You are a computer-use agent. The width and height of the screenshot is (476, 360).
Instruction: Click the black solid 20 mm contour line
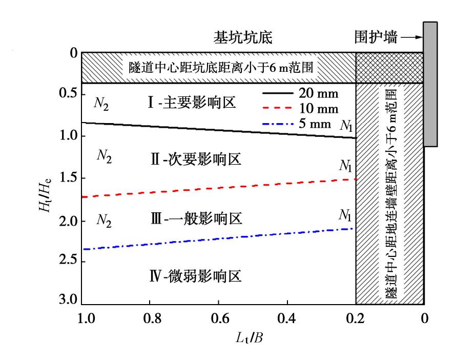[220, 130]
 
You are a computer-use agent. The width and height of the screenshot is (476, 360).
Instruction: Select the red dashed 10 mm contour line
[220, 188]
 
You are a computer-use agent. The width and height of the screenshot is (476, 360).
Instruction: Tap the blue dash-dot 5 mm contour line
[220, 239]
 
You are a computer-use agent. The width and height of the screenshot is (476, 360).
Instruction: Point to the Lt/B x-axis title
[251, 337]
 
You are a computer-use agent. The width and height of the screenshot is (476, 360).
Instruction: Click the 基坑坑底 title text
[242, 38]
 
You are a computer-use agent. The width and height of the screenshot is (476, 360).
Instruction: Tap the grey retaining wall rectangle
[430, 84]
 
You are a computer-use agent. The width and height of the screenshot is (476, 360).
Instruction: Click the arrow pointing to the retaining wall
[411, 37]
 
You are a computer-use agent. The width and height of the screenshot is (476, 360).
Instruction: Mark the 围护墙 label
[376, 37]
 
